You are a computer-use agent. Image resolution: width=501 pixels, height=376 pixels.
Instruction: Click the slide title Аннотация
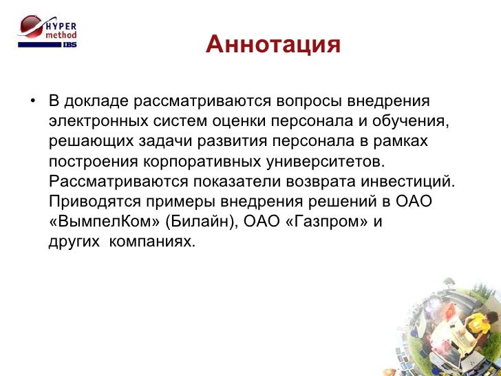pyautogui.click(x=273, y=45)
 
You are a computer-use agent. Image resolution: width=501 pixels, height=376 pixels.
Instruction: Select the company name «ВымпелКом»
pyautogui.click(x=98, y=222)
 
